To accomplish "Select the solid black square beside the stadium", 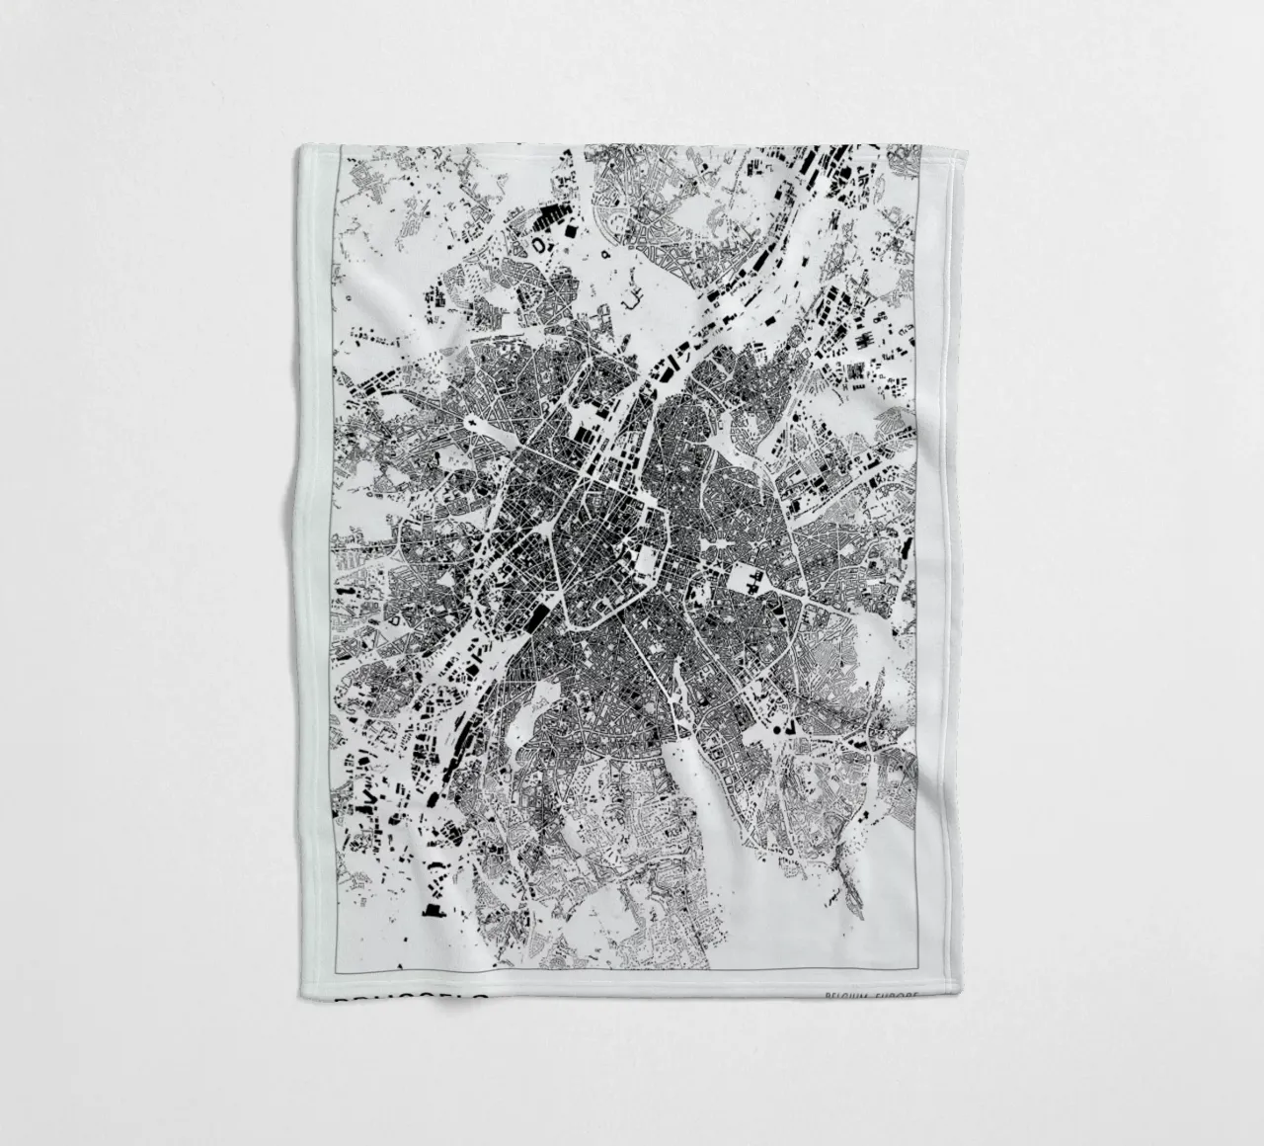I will click(x=571, y=229).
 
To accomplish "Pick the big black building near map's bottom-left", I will click(x=431, y=909).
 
